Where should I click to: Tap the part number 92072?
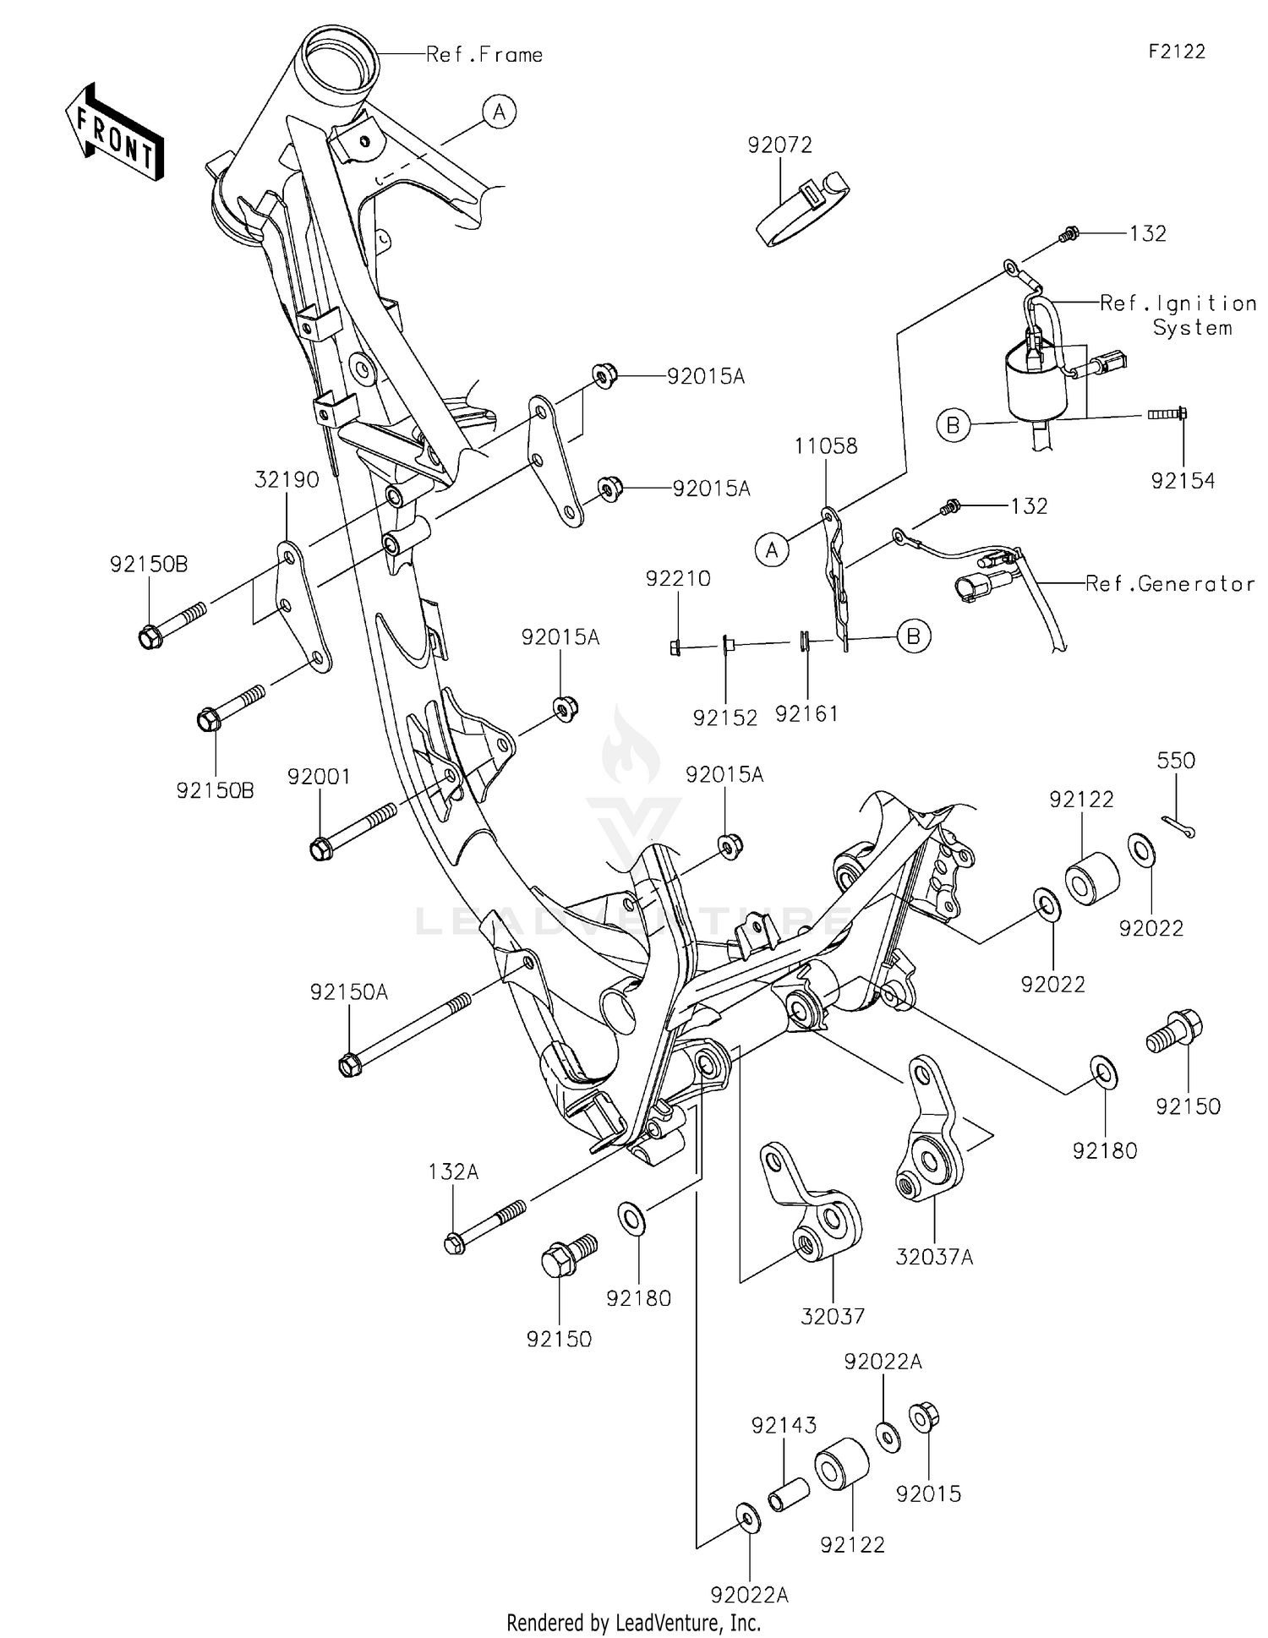click(x=779, y=145)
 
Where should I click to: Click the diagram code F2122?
click(x=1176, y=52)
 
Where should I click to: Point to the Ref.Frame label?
click(x=484, y=56)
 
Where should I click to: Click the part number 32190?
click(x=287, y=480)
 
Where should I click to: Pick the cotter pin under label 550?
click(x=1178, y=827)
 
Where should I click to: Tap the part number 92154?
click(x=1183, y=481)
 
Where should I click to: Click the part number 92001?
click(x=319, y=776)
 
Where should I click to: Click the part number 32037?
click(x=833, y=1316)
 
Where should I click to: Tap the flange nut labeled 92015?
click(x=923, y=1417)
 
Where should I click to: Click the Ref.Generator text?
click(x=1170, y=584)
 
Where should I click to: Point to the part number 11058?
click(x=826, y=446)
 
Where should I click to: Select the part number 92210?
click(x=678, y=579)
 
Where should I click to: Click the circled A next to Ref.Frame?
click(x=500, y=112)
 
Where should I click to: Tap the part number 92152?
click(x=725, y=718)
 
